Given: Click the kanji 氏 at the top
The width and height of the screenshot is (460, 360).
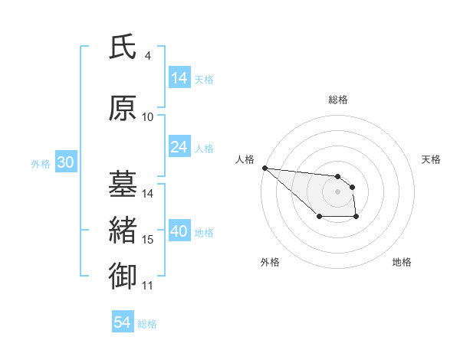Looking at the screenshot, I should pos(123,47).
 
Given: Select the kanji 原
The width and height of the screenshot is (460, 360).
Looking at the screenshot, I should pos(123,109).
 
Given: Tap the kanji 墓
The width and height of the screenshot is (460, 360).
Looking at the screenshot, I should pos(123,185).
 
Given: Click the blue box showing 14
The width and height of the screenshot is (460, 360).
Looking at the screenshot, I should pos(179,78).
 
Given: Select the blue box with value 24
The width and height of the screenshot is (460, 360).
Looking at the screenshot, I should pos(179,147).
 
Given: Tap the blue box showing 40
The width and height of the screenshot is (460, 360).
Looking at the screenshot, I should pos(179,231).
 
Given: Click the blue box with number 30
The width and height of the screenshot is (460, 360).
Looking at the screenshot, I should pos(65,162).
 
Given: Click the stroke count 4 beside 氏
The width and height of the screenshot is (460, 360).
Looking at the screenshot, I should pos(148,56).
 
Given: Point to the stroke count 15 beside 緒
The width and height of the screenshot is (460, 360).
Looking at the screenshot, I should pos(148,240).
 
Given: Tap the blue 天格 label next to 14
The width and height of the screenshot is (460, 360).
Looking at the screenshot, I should pos(204,80).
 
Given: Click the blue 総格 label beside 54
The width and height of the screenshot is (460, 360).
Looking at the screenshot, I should pos(147,325).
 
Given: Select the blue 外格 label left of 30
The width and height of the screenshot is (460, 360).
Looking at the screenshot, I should pos(41,164).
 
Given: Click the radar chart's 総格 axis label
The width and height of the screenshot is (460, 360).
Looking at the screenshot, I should pos(337,100).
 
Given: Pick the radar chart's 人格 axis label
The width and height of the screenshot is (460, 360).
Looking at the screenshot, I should pos(245,159).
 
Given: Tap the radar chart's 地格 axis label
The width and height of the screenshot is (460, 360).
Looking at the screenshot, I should pos(402,262).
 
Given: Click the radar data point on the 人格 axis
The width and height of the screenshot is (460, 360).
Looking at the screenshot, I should pos(264,168).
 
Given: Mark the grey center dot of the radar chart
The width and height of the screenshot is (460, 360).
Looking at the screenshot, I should pos(337,191).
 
